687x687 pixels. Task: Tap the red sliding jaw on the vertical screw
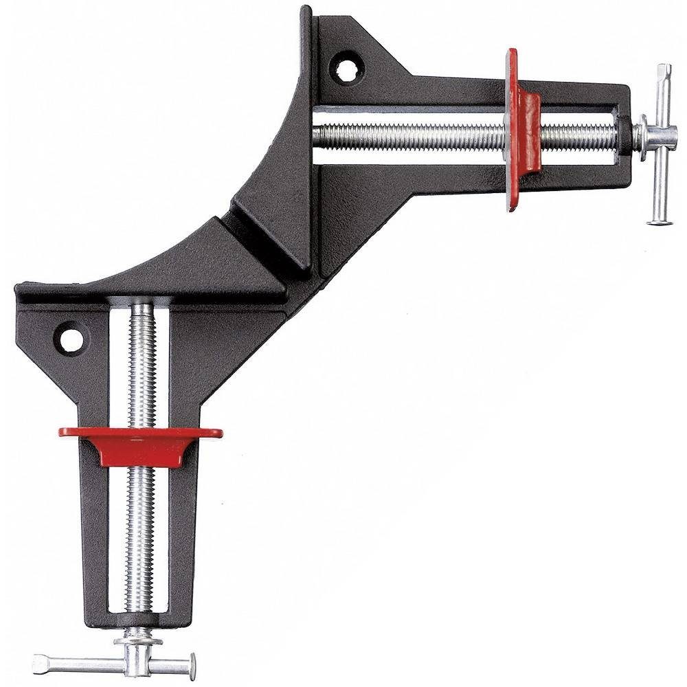141,444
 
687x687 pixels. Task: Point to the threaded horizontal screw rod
412,135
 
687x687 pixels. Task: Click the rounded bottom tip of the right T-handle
659,221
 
